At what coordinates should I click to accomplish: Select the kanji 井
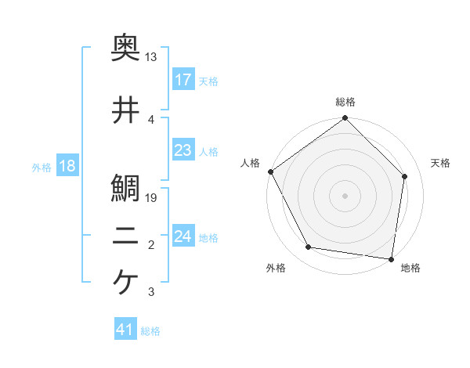click(x=125, y=111)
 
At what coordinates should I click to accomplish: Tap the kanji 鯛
click(x=125, y=188)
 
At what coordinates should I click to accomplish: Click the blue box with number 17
click(x=183, y=80)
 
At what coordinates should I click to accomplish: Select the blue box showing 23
click(x=183, y=150)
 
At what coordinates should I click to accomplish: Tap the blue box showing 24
click(x=183, y=236)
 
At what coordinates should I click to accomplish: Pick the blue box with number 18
click(x=67, y=166)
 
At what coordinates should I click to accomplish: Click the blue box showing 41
click(x=125, y=330)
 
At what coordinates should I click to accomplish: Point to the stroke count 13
click(x=151, y=57)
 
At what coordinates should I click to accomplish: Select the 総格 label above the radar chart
click(x=345, y=102)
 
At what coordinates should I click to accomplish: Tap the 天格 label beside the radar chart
click(x=441, y=163)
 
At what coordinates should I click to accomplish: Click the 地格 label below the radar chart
click(x=410, y=268)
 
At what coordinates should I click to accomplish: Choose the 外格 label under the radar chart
click(x=276, y=268)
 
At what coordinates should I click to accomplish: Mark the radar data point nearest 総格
click(x=345, y=119)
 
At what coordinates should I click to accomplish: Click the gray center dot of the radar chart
click(x=345, y=195)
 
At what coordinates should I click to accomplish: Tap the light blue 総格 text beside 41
click(x=150, y=331)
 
